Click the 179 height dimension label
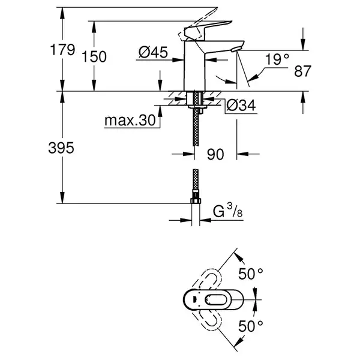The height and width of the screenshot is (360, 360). pos(62,50)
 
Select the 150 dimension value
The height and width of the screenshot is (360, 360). pos(94,57)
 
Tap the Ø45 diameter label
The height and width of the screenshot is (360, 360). pos(153,52)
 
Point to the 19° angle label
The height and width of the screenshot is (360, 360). pos(277,59)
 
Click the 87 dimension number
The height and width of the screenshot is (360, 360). pos(302,71)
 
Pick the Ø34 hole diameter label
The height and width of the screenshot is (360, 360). pos(241,106)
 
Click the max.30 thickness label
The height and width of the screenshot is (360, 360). pos(130,120)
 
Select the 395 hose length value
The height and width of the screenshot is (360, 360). pos(61,148)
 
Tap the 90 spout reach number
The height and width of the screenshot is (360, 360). pos(215,154)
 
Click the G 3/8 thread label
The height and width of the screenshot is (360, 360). pos(227,211)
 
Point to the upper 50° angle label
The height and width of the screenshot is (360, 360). pos(250,274)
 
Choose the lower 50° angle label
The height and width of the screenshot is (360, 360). pos(250,326)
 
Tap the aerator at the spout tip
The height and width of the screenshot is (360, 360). pos(236,49)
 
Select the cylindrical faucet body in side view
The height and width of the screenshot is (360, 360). pos(194,67)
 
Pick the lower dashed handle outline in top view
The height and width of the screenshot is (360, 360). pos(208,320)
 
